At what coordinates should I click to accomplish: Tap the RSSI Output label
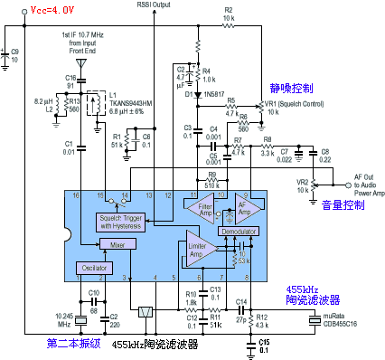[156, 5]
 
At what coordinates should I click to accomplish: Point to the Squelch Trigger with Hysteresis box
[125, 223]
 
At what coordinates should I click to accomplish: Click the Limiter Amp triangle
[198, 248]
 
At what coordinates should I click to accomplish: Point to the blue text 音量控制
[343, 205]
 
